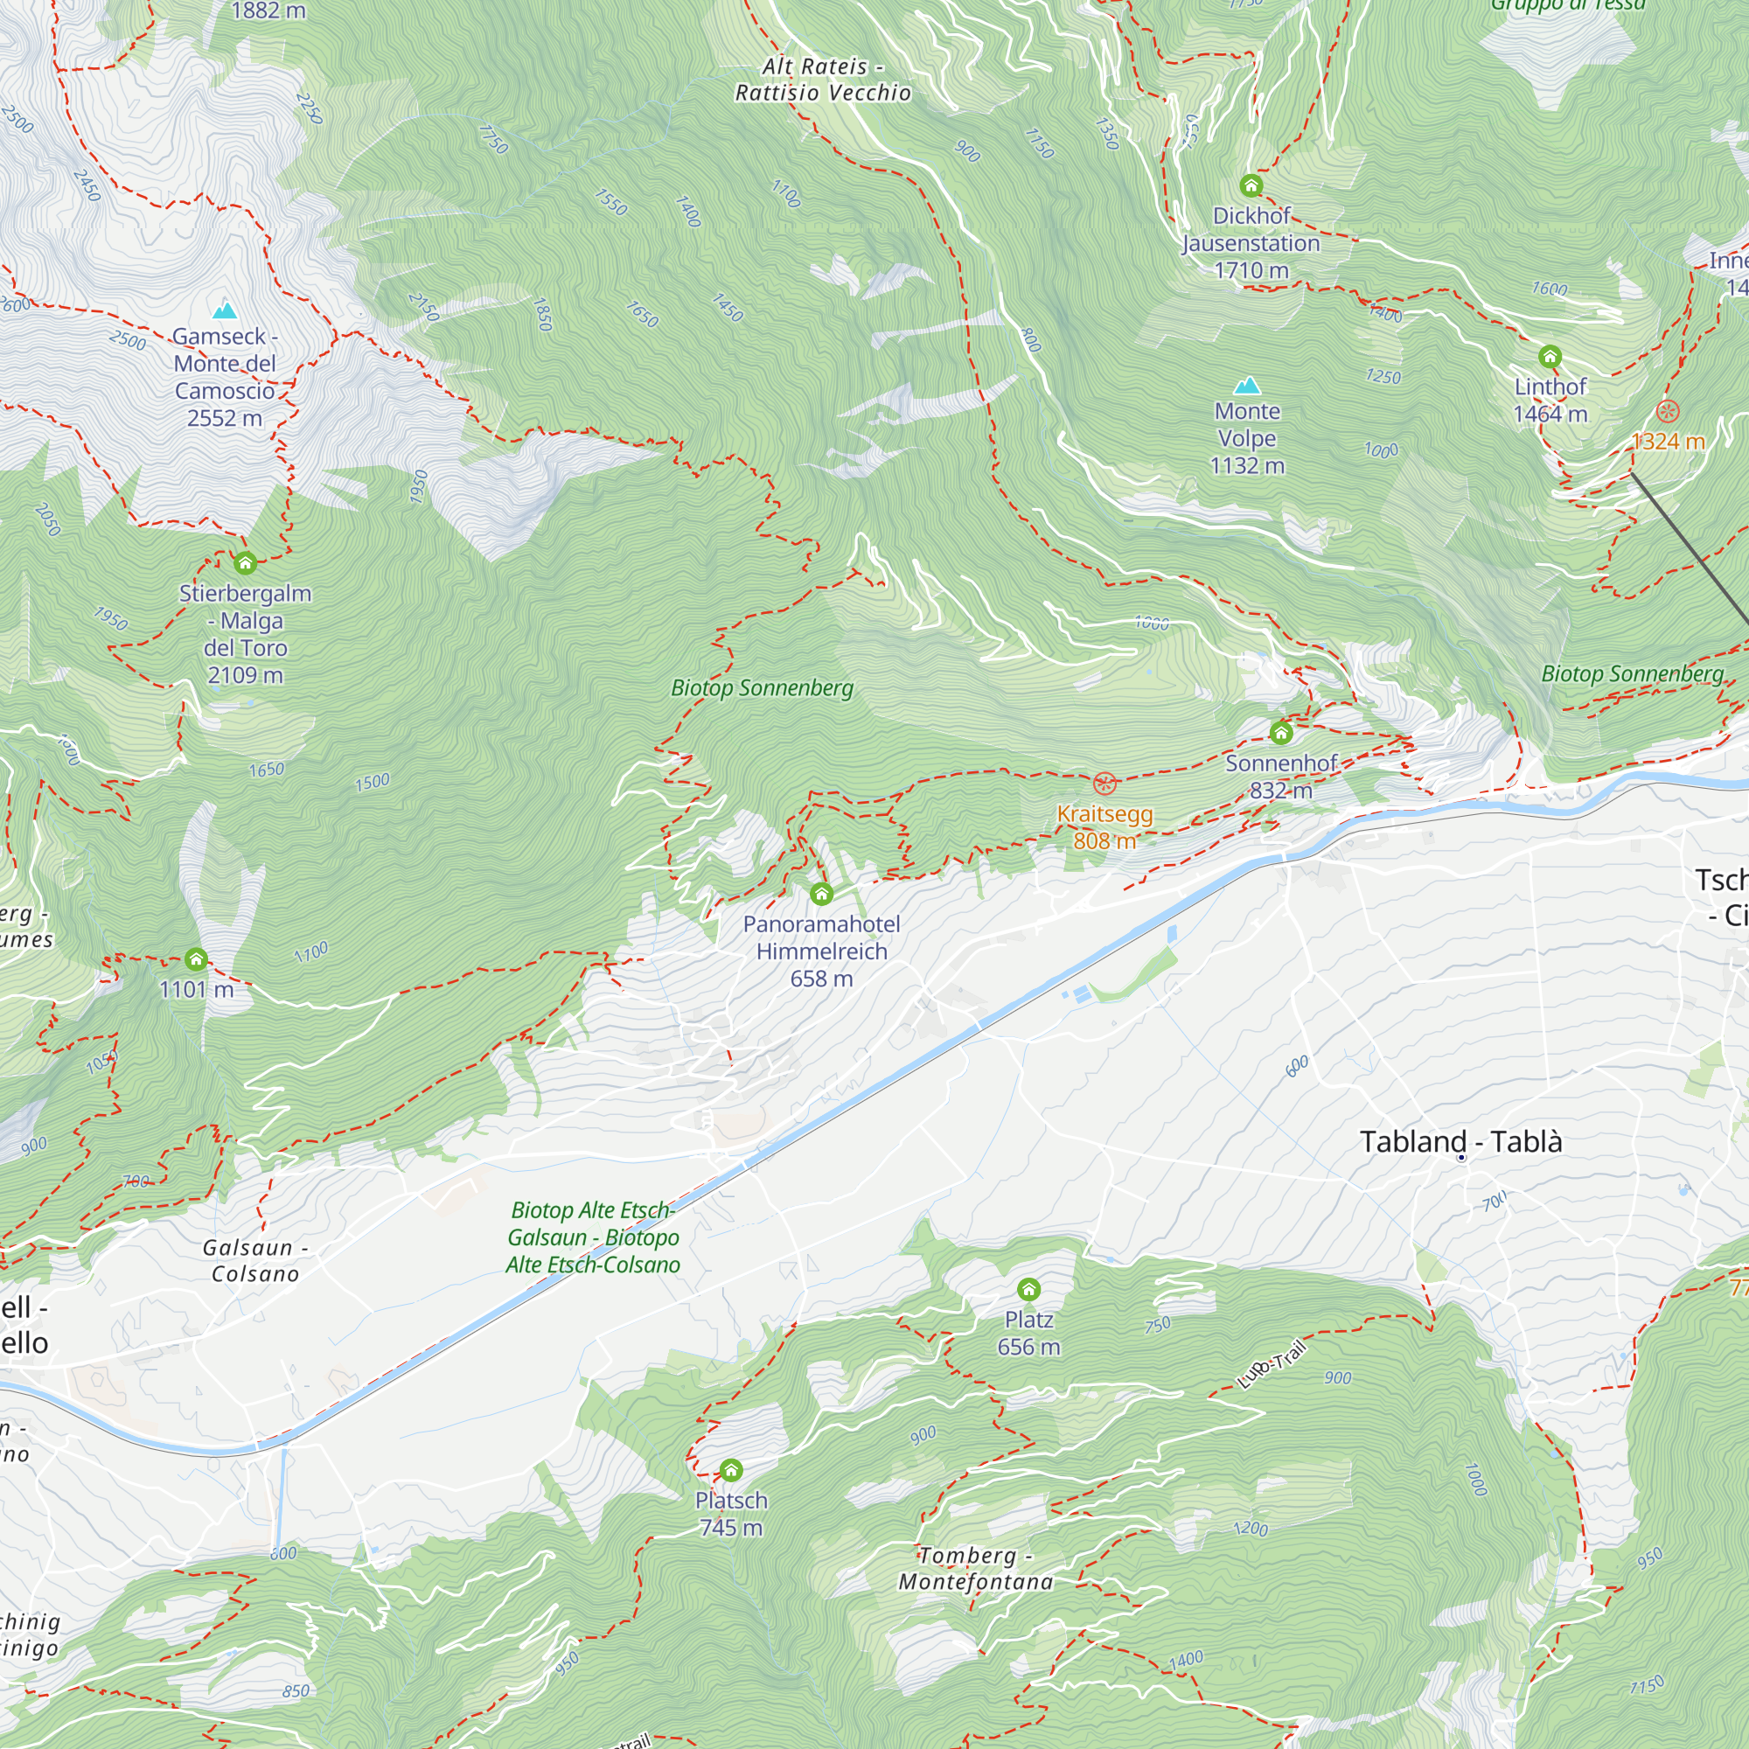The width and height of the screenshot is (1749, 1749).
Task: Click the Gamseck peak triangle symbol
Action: click(x=224, y=311)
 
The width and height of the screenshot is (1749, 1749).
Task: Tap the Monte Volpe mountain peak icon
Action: click(x=1248, y=386)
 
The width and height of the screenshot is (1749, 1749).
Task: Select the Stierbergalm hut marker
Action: click(x=246, y=564)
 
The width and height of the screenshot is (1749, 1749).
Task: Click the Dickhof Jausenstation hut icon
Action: click(x=1251, y=185)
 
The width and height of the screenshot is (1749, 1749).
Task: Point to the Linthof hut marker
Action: click(x=1550, y=357)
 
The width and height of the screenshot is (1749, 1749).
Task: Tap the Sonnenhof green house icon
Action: click(x=1281, y=731)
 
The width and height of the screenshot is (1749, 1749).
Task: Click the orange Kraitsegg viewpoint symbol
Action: click(x=1104, y=783)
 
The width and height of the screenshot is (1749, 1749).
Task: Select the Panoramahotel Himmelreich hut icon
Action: click(x=821, y=895)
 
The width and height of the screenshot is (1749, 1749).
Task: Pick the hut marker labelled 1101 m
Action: click(x=197, y=958)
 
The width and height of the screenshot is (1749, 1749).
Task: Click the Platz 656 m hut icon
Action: click(x=1028, y=1289)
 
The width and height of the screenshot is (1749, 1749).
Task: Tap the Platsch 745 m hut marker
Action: click(x=730, y=1469)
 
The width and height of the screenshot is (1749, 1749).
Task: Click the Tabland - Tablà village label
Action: click(x=1460, y=1141)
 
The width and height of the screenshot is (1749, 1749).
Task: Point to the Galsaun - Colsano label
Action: click(x=255, y=1260)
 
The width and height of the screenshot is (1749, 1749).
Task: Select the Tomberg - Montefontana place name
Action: click(x=975, y=1568)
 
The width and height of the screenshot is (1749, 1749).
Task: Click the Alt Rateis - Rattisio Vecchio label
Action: click(x=822, y=80)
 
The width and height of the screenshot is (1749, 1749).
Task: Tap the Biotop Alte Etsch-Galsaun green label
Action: click(x=593, y=1237)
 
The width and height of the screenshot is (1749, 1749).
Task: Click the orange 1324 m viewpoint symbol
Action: click(x=1668, y=412)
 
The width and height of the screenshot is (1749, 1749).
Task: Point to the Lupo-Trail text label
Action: click(x=1271, y=1364)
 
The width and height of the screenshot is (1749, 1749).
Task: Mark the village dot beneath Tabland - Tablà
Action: click(x=1461, y=1158)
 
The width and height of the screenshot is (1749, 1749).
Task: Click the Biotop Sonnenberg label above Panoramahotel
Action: click(x=763, y=688)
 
